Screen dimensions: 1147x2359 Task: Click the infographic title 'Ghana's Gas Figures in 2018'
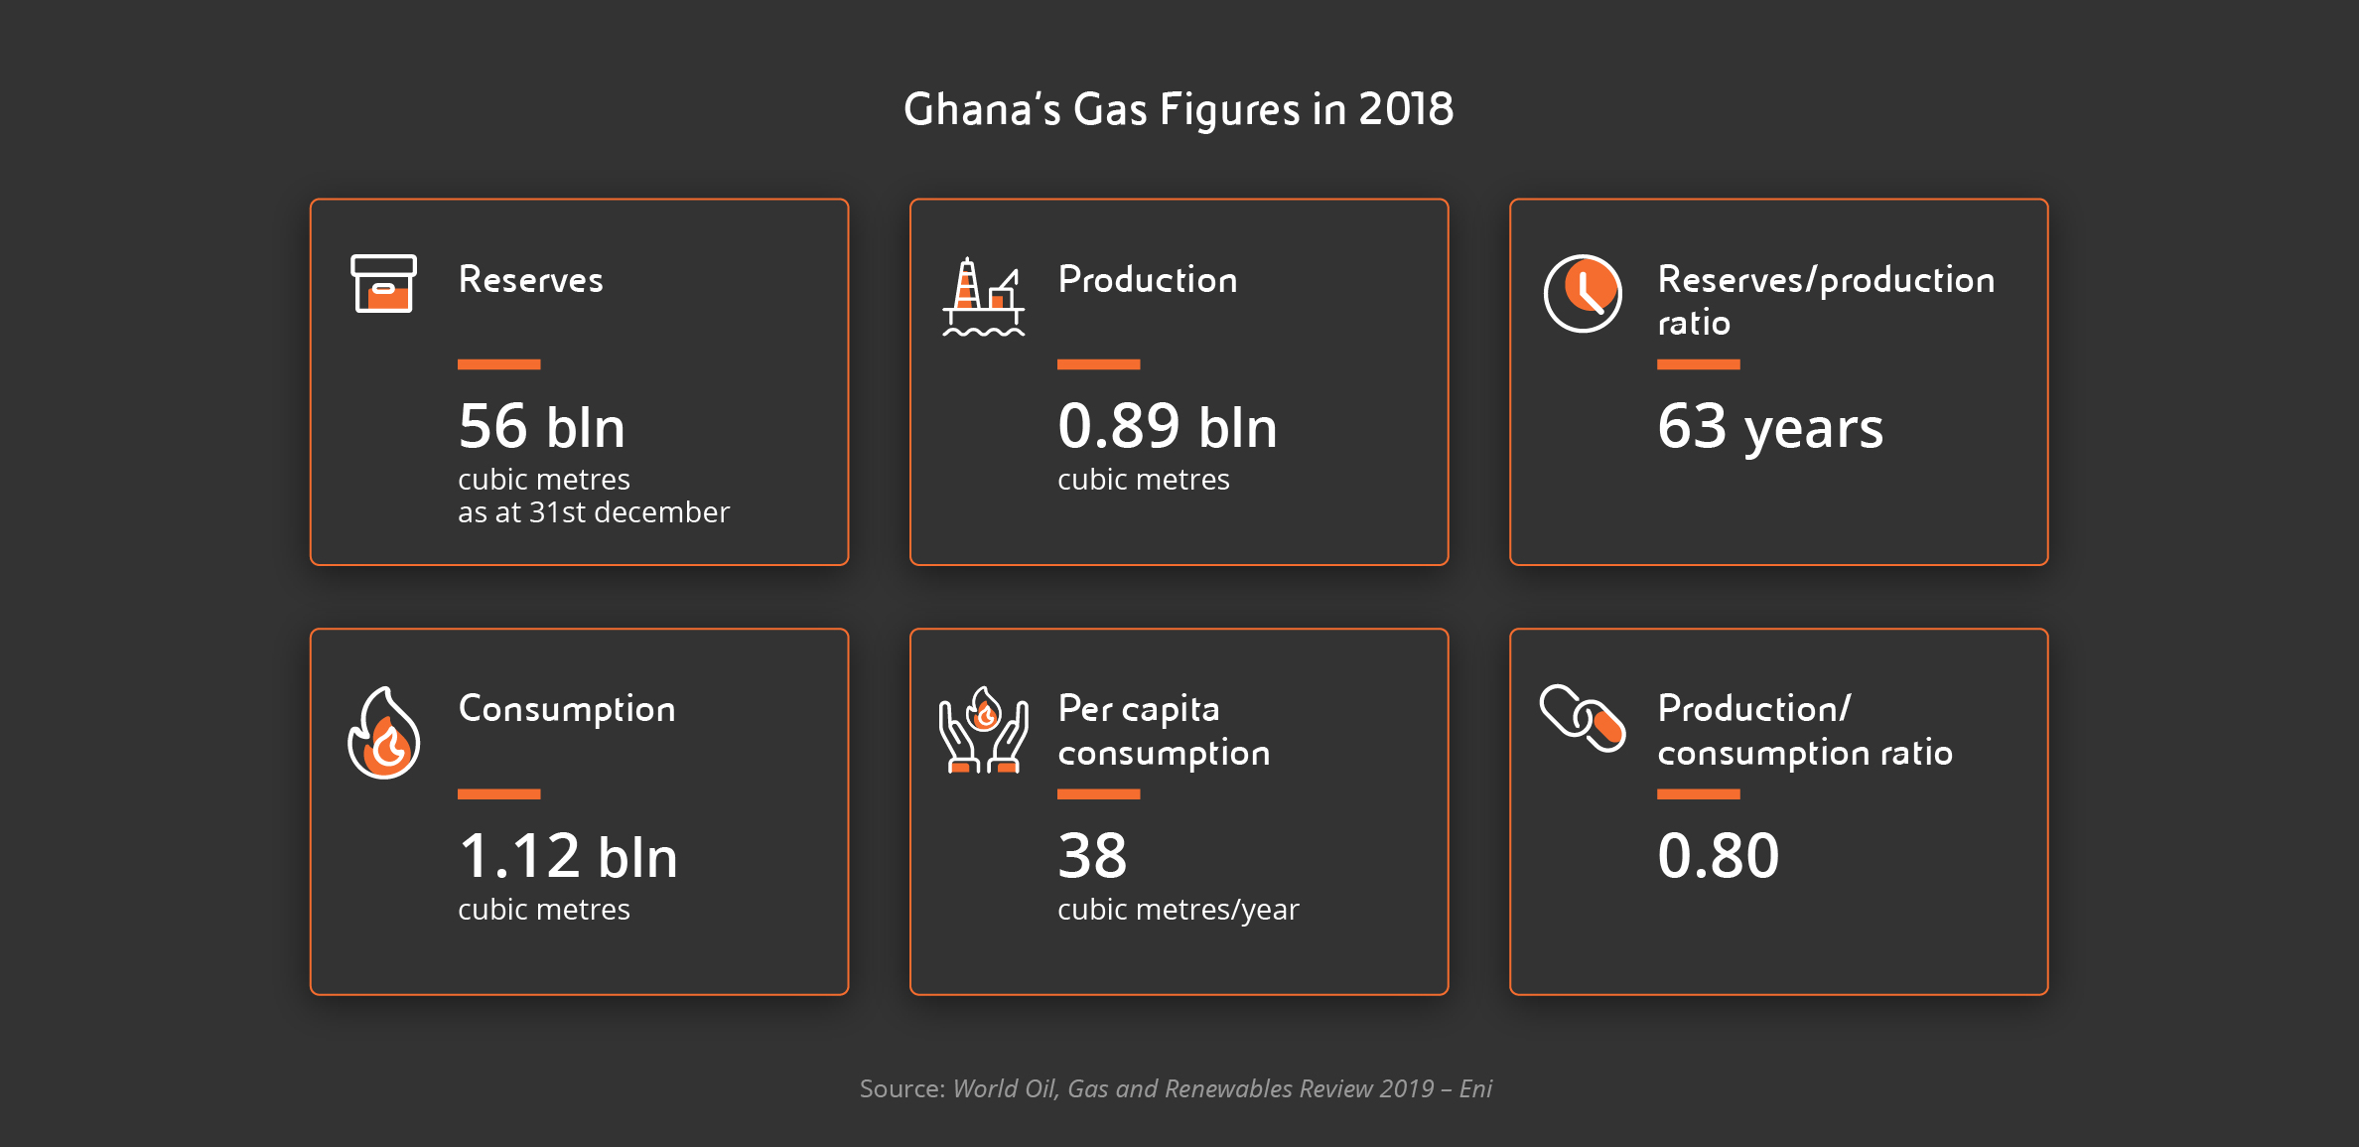(1179, 109)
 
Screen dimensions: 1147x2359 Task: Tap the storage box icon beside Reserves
(383, 284)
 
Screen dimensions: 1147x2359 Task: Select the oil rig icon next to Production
(983, 297)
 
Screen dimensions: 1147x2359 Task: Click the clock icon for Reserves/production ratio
(1583, 293)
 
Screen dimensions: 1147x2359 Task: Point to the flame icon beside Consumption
(384, 734)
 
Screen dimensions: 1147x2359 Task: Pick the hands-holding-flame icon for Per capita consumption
(983, 730)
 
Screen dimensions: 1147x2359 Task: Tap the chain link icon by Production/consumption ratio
(1583, 718)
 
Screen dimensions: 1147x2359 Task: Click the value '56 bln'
(542, 427)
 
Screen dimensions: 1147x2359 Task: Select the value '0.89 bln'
(1168, 427)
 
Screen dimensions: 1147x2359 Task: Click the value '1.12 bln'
(568, 857)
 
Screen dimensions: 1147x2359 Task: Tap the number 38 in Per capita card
(1092, 856)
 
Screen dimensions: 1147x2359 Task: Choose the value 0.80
(1719, 856)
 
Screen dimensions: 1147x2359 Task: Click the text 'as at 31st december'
(594, 512)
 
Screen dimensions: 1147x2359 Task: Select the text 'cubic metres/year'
(1179, 910)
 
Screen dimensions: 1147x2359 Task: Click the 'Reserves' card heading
(531, 280)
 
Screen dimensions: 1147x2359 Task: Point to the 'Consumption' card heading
(567, 710)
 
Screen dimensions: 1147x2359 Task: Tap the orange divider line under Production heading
(1098, 364)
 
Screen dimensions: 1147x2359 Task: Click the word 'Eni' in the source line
(1476, 1089)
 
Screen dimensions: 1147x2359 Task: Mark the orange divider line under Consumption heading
(498, 794)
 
